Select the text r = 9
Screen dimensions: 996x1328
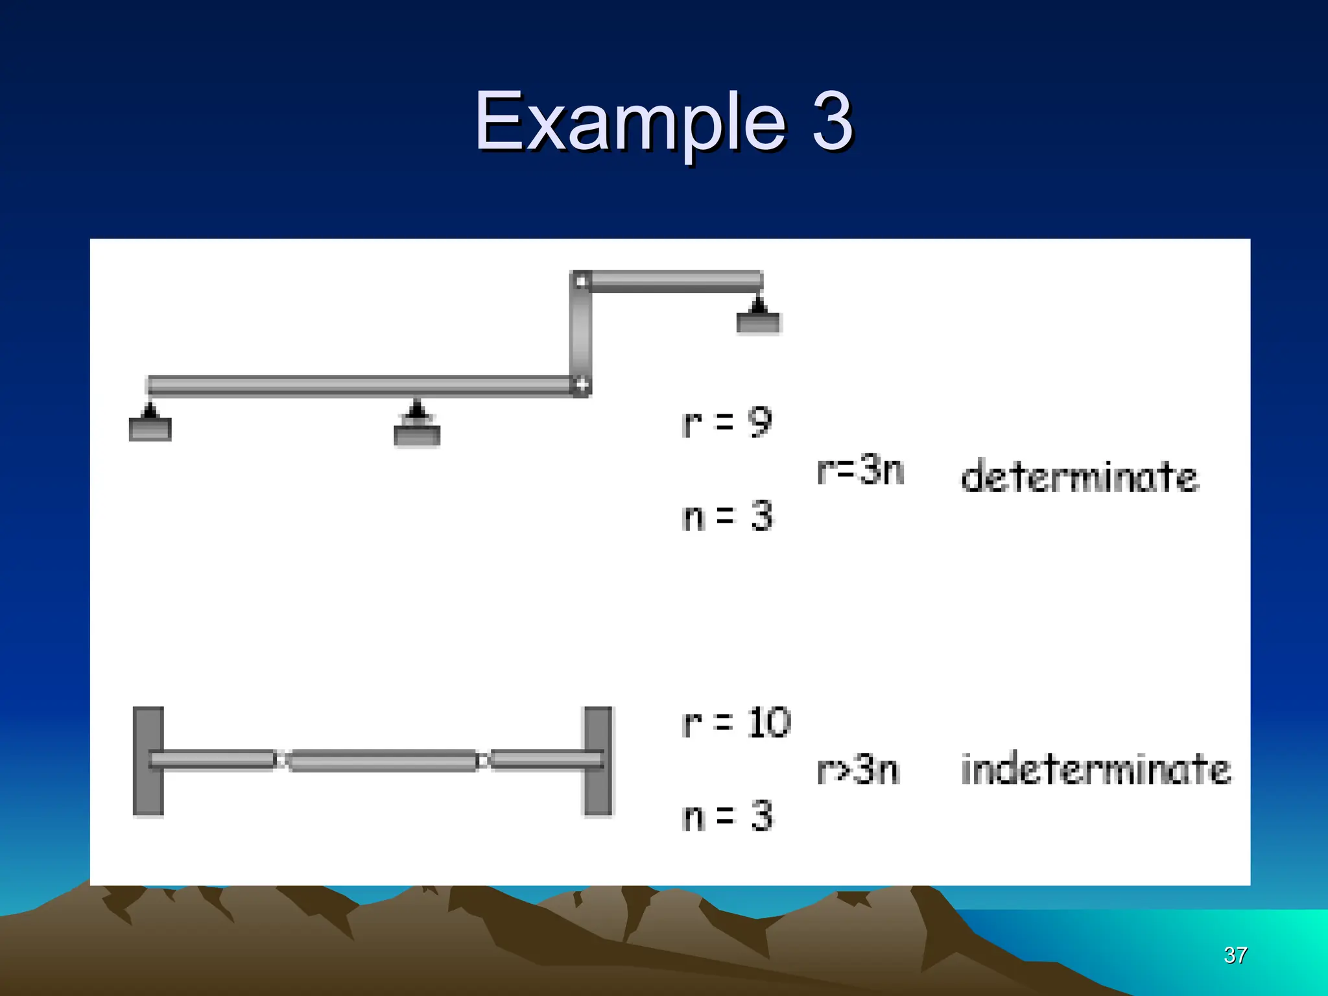(x=727, y=423)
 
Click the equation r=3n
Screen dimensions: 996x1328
(x=860, y=471)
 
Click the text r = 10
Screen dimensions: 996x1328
(x=737, y=722)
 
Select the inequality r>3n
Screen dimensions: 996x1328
(x=859, y=770)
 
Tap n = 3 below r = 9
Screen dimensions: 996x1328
(x=727, y=517)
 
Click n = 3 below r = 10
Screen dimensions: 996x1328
(x=727, y=816)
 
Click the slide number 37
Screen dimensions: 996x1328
(x=1235, y=954)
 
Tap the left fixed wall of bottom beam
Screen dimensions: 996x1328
(x=148, y=761)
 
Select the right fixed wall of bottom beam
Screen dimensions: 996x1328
(x=598, y=761)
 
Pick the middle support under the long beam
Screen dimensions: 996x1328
(x=417, y=426)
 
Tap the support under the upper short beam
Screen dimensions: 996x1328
(x=758, y=316)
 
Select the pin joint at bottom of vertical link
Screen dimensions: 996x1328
(x=581, y=386)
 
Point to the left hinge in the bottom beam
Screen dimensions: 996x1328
(x=281, y=760)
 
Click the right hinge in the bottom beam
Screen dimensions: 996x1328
(x=482, y=760)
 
